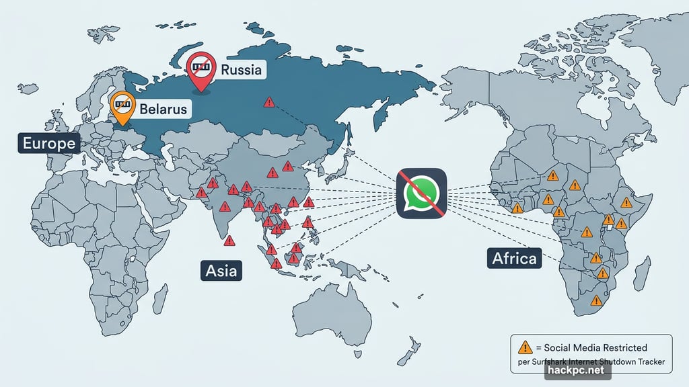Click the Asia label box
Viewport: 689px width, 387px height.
pos(221,271)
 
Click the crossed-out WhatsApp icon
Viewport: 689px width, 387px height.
pos(421,192)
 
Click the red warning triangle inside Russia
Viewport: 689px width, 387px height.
pos(269,103)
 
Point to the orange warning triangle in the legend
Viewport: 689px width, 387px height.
pos(525,347)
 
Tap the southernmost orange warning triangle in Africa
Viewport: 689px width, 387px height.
pos(595,301)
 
